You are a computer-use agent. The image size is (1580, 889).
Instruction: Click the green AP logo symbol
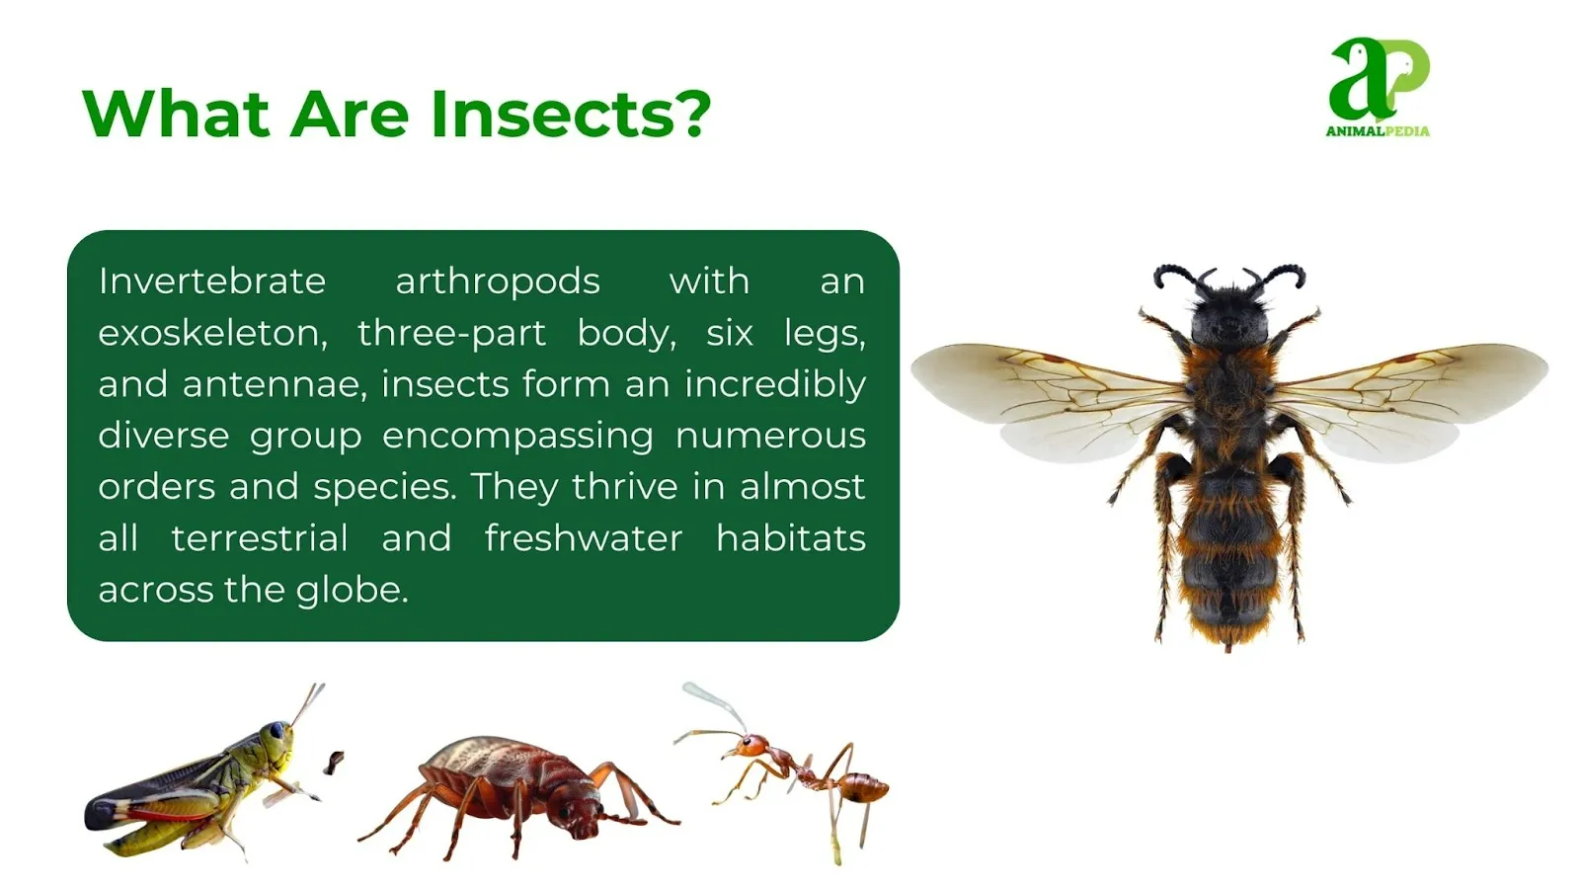[x=1377, y=79]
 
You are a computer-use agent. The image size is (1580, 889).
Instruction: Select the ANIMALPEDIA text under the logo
[x=1377, y=130]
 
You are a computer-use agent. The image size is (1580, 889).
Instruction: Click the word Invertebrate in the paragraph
[x=212, y=281]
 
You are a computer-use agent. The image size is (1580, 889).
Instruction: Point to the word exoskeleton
[x=213, y=332]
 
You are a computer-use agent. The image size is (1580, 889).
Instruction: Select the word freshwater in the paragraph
[x=584, y=538]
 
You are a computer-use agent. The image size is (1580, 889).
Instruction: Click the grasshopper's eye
[x=278, y=730]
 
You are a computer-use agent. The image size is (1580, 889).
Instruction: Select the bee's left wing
[x=1051, y=399]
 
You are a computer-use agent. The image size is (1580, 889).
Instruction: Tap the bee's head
[x=1229, y=315]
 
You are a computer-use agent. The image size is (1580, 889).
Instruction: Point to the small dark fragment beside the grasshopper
[x=334, y=762]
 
